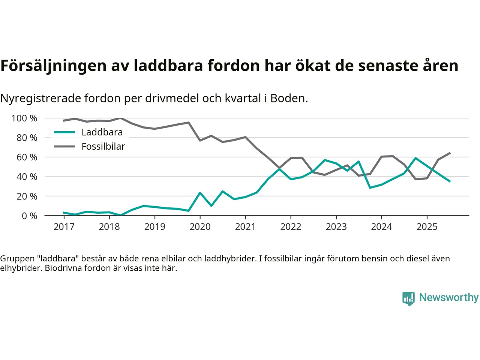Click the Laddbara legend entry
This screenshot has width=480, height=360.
point(102,132)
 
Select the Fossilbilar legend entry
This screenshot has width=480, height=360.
point(103,147)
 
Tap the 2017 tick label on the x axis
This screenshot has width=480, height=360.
point(64,227)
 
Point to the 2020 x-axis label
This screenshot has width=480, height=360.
point(200,227)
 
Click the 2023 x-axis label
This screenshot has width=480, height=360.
point(336,227)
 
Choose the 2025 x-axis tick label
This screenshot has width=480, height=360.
point(427,227)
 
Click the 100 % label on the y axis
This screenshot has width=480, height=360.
point(24,118)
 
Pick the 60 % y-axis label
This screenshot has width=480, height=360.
point(27,157)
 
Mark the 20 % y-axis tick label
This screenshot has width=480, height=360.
point(27,196)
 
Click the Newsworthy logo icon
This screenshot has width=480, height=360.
point(408,298)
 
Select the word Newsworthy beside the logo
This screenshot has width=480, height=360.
point(448,297)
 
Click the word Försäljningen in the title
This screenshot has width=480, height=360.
point(53,66)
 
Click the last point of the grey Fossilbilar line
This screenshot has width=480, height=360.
point(450,153)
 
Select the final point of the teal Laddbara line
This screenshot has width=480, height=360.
point(450,181)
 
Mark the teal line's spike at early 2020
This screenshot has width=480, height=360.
point(200,193)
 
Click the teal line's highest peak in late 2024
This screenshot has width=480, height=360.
point(415,158)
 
